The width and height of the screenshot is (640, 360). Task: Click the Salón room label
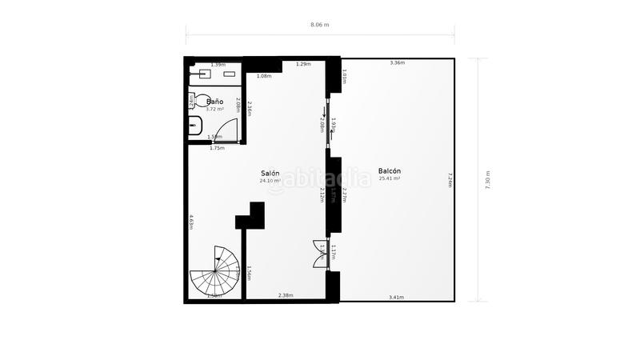point(270,173)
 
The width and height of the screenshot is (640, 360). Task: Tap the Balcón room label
point(390,170)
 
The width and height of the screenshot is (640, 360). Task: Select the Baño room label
point(214,102)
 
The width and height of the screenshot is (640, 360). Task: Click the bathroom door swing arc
point(228,131)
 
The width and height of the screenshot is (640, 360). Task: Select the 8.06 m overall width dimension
point(320,25)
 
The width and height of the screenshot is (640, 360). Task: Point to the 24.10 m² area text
point(270,181)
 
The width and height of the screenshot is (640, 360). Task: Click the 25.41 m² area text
point(390,178)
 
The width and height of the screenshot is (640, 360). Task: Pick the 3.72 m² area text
point(214,109)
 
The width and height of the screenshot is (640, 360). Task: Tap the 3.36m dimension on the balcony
point(397,62)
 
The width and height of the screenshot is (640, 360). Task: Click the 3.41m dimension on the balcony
point(395,297)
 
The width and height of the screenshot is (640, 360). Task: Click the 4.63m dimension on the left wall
point(191,222)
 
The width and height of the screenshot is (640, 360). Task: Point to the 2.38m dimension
point(285,296)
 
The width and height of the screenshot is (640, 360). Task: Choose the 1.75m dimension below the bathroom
point(217,148)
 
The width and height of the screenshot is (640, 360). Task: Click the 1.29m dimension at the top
point(303,64)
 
